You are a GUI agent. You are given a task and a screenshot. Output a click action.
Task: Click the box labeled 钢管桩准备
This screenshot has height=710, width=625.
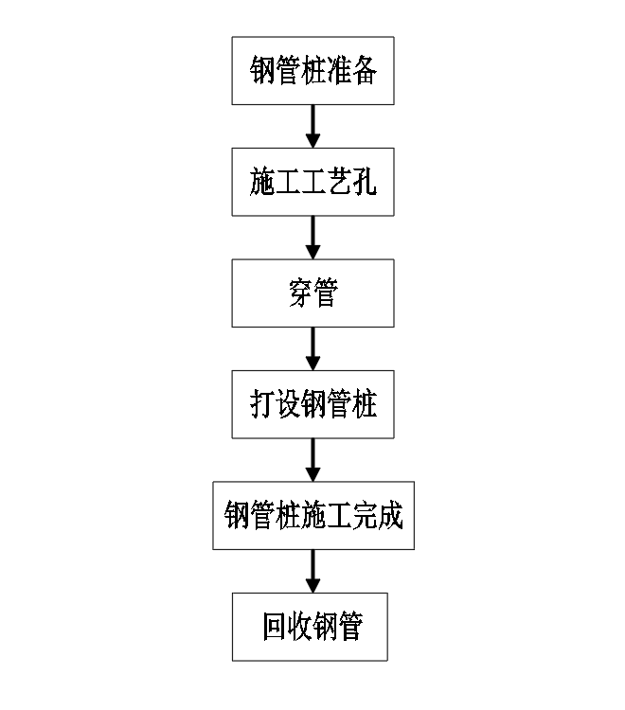(312, 71)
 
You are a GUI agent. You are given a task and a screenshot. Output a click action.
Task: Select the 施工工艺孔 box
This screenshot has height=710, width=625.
(312, 183)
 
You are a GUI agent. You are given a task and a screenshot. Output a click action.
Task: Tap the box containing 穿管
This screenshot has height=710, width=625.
(312, 293)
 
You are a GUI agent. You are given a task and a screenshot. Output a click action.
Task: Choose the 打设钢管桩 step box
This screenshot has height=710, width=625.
(312, 405)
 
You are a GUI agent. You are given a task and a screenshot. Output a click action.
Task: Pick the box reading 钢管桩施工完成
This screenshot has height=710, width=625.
(312, 516)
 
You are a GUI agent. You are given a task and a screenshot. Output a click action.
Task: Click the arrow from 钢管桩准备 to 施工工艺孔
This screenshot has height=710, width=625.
(312, 126)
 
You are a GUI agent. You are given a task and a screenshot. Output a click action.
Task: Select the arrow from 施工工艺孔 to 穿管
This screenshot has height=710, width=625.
(312, 238)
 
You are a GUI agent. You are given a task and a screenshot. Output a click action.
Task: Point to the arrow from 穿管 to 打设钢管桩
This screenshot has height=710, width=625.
(312, 349)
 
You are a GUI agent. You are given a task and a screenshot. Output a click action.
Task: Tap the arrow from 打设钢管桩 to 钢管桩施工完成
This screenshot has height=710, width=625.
(312, 460)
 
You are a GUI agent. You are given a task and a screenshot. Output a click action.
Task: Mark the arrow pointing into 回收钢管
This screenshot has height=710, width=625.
(312, 571)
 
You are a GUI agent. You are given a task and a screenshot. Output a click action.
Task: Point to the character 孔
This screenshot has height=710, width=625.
(364, 183)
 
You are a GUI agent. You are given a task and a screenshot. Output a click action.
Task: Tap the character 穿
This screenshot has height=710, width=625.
(300, 294)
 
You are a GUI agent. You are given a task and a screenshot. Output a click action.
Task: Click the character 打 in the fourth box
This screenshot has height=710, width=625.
(262, 406)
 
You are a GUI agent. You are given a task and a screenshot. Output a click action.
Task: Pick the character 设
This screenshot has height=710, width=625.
(288, 406)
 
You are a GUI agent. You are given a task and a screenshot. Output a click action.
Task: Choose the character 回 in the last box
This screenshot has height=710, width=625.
(275, 628)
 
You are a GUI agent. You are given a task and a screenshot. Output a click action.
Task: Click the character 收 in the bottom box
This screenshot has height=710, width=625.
(300, 628)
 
